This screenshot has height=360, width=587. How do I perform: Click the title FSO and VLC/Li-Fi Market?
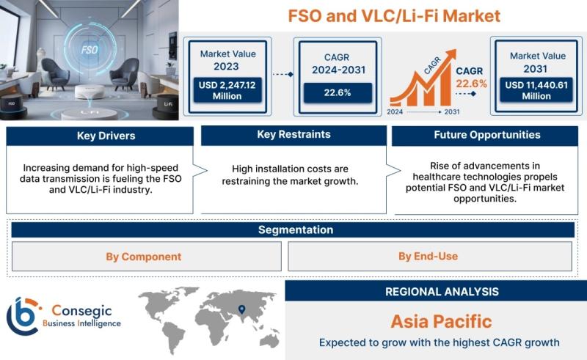394,16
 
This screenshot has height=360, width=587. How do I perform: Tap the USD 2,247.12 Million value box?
227,90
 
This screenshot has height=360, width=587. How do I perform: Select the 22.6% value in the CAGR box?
338,92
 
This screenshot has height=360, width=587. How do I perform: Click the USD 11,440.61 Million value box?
536,90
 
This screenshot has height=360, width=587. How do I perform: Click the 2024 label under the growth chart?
395,111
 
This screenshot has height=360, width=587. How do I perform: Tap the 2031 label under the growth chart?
452,111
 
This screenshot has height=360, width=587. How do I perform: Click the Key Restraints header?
294,135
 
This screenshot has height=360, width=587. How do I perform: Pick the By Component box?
146,257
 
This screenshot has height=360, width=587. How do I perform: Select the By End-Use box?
430,257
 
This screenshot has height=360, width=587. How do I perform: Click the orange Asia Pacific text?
442,321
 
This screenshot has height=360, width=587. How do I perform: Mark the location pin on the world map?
242,309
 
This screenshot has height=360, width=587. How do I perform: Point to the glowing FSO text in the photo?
90,50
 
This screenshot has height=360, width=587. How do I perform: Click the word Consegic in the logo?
81,311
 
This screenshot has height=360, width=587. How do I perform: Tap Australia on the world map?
269,339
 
